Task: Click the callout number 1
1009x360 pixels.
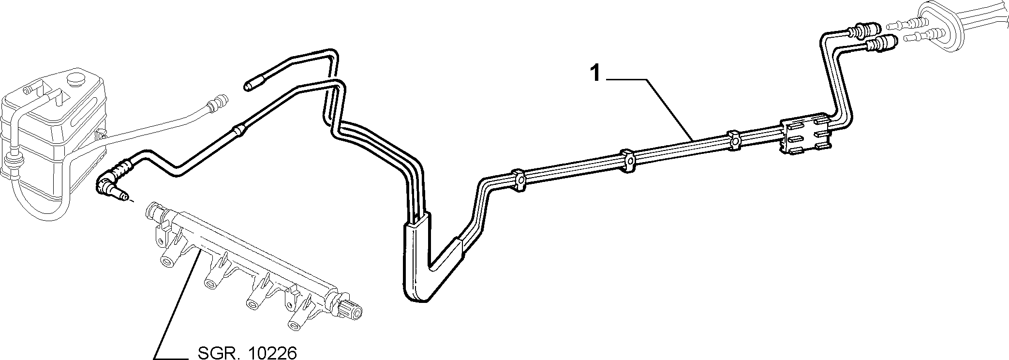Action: click(x=595, y=75)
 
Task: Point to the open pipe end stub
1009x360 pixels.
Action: click(x=252, y=85)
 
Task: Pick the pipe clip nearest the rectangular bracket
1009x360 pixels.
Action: click(x=735, y=140)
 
